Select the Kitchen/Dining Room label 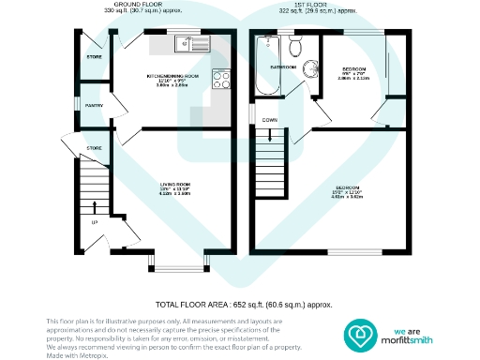174,75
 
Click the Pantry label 94,106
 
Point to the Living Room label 174,184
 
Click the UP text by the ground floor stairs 94,222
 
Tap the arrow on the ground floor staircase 94,206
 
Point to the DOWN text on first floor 269,120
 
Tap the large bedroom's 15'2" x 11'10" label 348,191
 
